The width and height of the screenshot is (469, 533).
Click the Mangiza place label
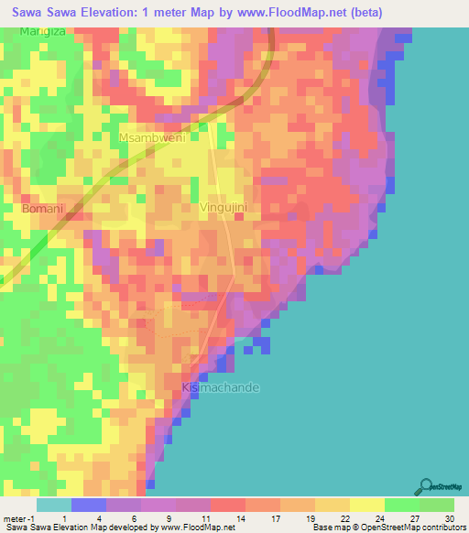(44, 32)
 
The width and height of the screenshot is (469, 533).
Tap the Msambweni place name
(152, 137)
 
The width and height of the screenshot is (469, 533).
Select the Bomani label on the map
(43, 209)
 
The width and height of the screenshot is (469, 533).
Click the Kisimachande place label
(221, 387)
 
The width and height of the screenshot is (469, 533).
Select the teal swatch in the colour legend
(54, 505)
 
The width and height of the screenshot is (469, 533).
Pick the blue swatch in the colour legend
(89, 505)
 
